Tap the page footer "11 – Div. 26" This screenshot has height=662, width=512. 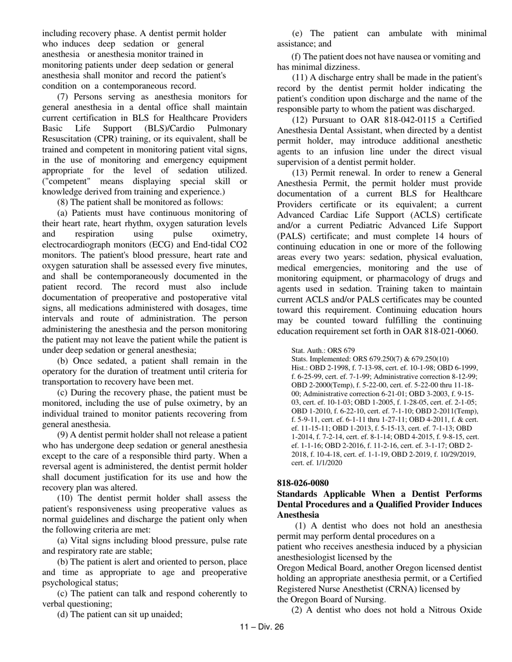[x=261, y=626]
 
